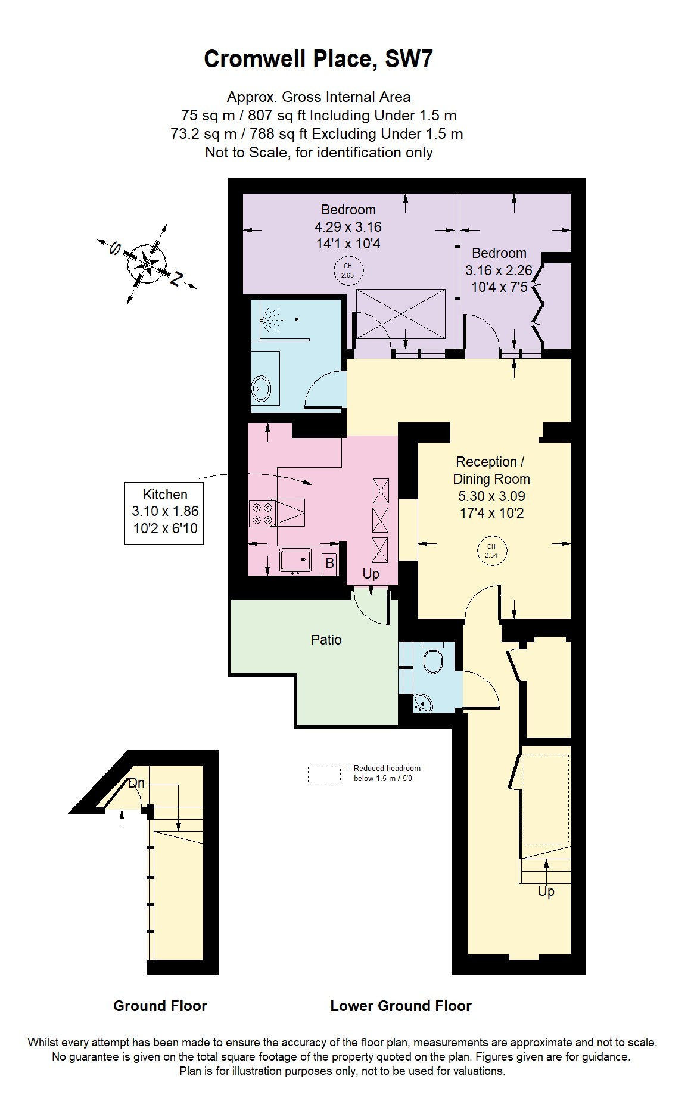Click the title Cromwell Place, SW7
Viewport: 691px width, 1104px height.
(x=318, y=60)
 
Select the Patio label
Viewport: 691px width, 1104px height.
(x=326, y=640)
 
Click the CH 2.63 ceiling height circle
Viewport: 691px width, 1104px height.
(x=347, y=270)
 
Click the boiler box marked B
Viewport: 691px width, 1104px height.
(x=329, y=562)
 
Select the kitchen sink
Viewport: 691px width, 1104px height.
(x=295, y=560)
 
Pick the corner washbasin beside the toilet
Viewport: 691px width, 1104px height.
(x=424, y=703)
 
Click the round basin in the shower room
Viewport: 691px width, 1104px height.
(x=262, y=390)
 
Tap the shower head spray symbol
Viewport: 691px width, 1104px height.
(x=272, y=319)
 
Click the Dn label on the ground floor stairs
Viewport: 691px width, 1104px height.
(x=136, y=783)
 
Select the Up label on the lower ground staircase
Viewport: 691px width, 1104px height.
(x=546, y=891)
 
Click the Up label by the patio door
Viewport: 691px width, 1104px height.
(x=371, y=574)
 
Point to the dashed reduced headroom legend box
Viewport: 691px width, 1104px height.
(x=325, y=774)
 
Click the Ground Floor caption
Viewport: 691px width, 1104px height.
(x=160, y=1006)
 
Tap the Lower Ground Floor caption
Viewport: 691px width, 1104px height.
(x=401, y=1006)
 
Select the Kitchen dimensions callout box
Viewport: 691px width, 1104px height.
(x=164, y=512)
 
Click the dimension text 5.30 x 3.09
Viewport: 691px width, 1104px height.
(x=491, y=496)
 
